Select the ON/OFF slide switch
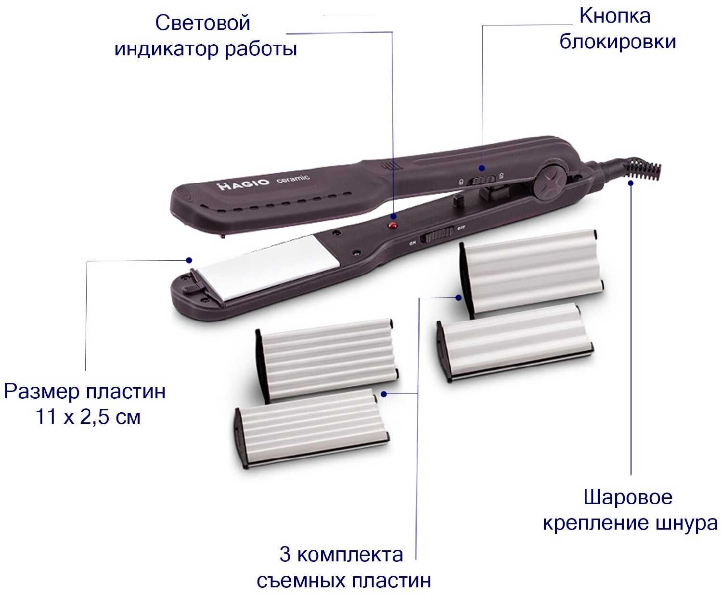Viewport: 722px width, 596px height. tap(437, 236)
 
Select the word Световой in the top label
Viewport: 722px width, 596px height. tap(203, 24)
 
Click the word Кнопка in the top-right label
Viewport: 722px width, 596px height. tap(615, 16)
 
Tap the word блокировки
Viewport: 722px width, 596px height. tap(618, 42)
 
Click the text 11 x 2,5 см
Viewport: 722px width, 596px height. tap(88, 417)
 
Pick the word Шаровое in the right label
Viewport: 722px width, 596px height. tap(628, 497)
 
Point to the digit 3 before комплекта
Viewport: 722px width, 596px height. tap(285, 555)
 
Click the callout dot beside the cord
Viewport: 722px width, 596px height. tap(631, 183)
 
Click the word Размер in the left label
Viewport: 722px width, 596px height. tap(42, 392)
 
